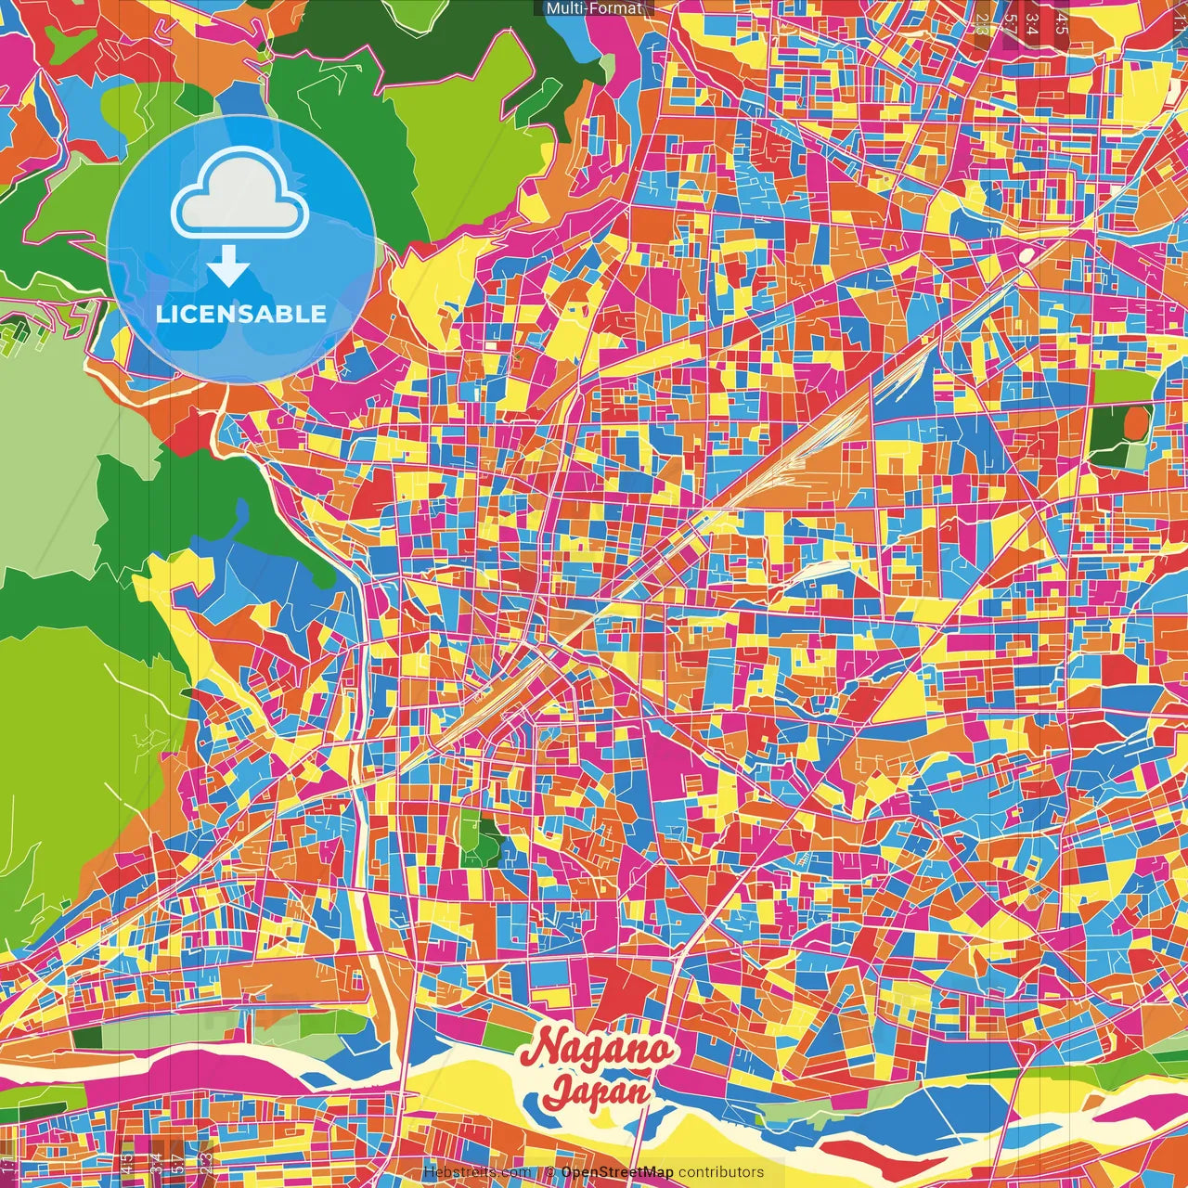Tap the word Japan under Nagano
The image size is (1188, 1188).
coord(598,1091)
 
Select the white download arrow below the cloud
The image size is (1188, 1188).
coord(228,267)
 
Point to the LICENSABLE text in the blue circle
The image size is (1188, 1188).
coord(241,314)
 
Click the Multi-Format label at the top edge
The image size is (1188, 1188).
coord(594,8)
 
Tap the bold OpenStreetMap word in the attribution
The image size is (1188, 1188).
coord(617,1172)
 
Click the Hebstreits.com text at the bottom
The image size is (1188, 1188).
coord(477,1172)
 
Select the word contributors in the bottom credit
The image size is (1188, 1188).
coord(721,1172)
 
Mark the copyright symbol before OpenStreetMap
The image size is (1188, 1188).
coord(549,1172)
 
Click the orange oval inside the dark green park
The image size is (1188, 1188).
coord(1135,424)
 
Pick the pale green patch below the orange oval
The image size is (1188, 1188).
coord(1134,456)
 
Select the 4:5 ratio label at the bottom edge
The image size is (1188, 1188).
coord(127,1163)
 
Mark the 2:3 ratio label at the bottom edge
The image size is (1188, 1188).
coord(206,1163)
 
